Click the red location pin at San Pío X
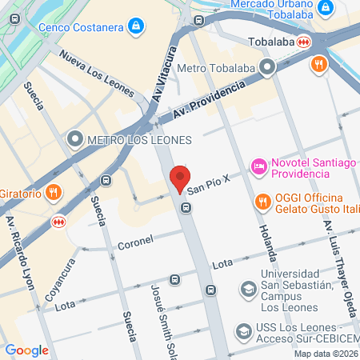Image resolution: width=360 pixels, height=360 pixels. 180,179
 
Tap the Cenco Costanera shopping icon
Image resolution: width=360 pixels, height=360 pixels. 138,27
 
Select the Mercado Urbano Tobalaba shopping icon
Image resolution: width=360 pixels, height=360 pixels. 325,9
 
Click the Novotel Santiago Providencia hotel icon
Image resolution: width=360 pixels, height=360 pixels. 259,168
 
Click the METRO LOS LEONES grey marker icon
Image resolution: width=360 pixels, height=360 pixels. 76,140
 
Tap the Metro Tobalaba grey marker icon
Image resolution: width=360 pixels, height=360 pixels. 265,68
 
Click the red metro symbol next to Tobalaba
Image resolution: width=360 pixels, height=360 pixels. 303,41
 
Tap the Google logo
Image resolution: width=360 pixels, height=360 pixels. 26,350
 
